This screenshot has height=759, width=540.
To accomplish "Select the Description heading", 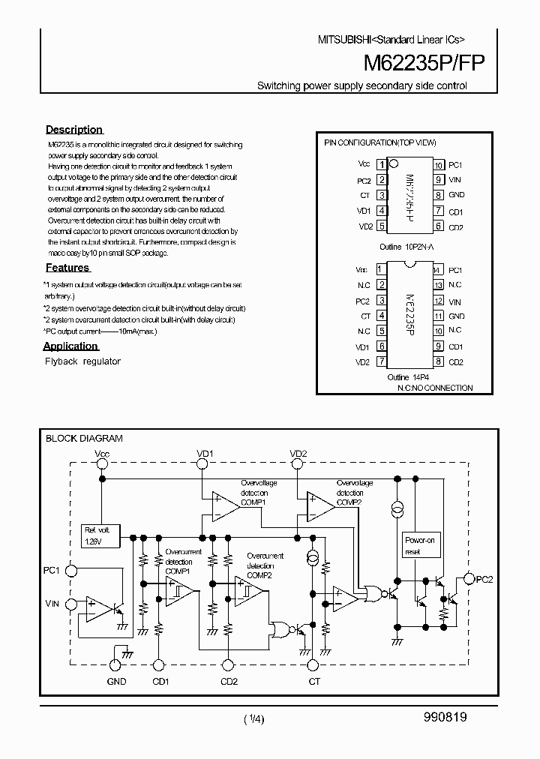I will tap(73, 130).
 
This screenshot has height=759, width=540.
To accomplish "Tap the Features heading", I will tap(67, 268).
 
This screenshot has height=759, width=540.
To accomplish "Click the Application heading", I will tap(70, 346).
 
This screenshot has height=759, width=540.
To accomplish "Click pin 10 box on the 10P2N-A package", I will tap(436, 165).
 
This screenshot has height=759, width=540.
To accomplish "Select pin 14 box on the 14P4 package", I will tap(436, 270).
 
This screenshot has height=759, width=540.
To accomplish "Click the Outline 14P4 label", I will tap(409, 376).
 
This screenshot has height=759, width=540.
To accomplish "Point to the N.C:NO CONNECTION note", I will tap(430, 388).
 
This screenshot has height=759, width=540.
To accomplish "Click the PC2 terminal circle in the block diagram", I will tap(469, 578).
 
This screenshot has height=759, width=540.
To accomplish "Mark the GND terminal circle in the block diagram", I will tap(115, 664).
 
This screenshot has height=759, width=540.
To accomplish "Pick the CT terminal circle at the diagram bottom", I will tap(313, 664).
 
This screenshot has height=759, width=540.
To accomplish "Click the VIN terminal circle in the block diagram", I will tap(70, 603).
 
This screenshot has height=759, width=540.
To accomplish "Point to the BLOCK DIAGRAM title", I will tap(84, 439).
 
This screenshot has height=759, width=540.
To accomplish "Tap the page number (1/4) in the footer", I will tap(253, 718).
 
